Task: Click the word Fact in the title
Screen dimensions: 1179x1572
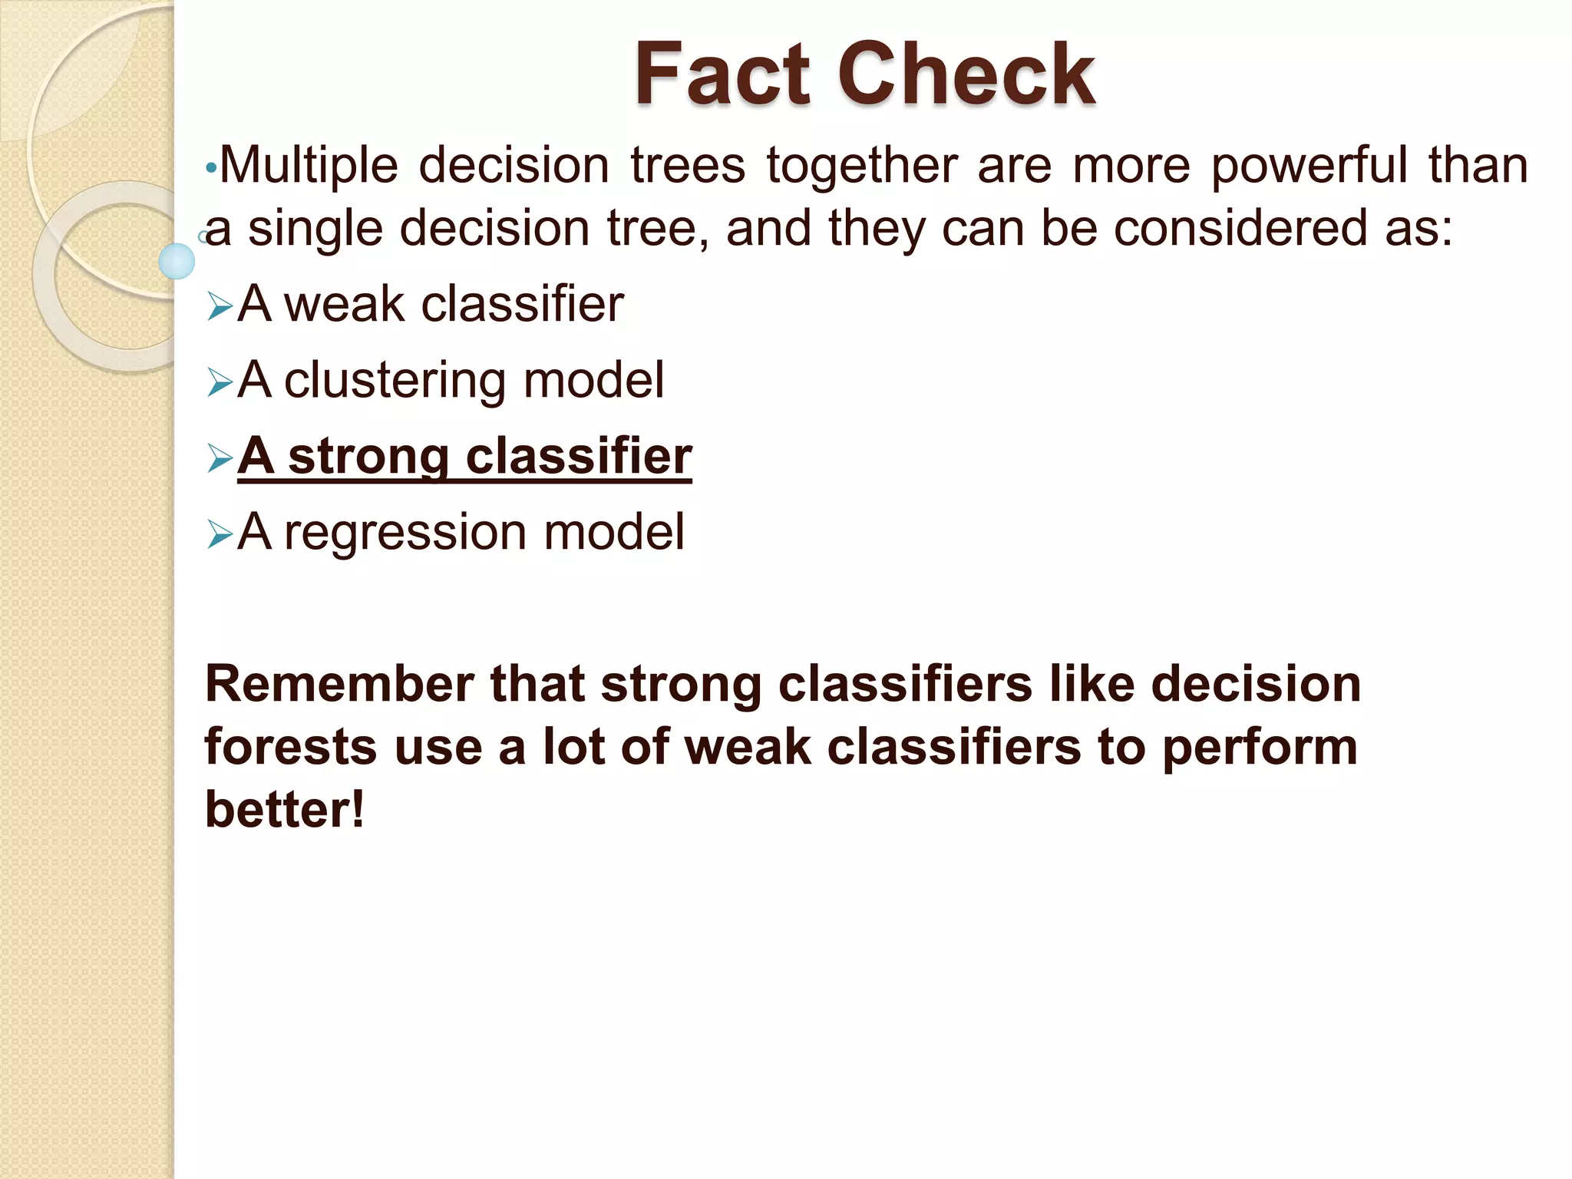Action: click(x=722, y=74)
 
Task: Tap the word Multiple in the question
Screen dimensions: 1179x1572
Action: click(x=309, y=166)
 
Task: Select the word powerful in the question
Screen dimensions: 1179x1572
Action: click(x=1309, y=166)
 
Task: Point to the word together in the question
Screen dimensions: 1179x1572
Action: click(x=862, y=166)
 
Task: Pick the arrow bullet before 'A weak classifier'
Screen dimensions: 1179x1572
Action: click(x=220, y=308)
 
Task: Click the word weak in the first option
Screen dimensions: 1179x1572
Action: click(x=344, y=304)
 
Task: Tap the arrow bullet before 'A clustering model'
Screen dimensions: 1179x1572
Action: click(x=220, y=383)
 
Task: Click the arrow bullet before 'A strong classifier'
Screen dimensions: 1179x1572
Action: click(x=220, y=459)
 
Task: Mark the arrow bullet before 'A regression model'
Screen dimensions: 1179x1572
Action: click(x=220, y=535)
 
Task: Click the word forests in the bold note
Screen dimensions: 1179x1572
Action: click(x=290, y=747)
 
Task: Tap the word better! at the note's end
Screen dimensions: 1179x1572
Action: click(x=284, y=810)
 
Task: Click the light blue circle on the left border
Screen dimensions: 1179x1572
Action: click(x=177, y=261)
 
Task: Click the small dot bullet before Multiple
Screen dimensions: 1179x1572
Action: click(x=211, y=167)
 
